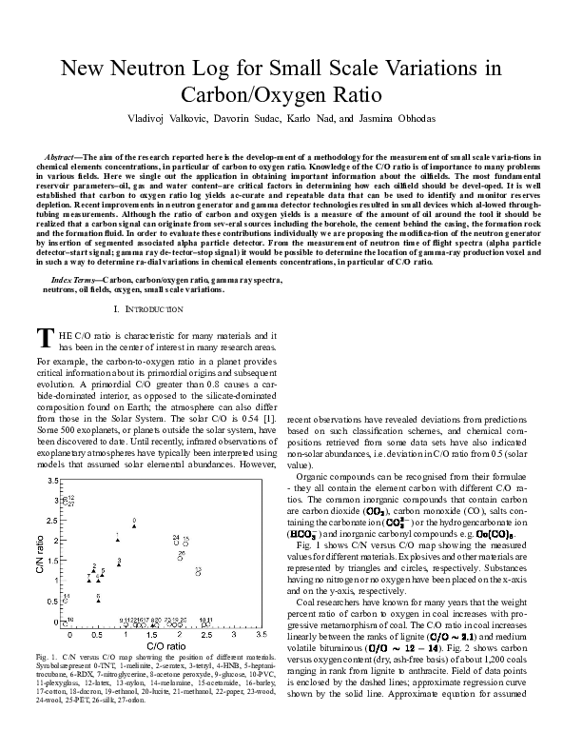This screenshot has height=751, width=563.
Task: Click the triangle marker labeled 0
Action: tap(134, 525)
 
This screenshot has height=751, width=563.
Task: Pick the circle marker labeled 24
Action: tap(177, 544)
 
